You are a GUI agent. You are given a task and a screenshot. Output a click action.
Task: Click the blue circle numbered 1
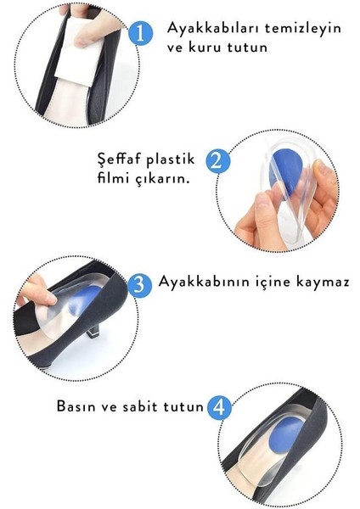tap(141, 33)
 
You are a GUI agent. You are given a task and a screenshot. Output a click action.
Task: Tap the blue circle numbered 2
tap(217, 161)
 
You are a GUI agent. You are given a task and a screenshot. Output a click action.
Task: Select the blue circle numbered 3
tap(139, 286)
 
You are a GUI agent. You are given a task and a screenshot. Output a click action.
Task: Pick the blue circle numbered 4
tap(219, 407)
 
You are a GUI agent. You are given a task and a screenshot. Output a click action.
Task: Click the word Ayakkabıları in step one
tap(213, 28)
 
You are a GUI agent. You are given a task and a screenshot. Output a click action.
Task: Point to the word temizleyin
tap(303, 28)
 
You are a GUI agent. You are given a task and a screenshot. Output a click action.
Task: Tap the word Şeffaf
tap(119, 159)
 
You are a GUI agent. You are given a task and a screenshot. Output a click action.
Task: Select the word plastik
tap(171, 159)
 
